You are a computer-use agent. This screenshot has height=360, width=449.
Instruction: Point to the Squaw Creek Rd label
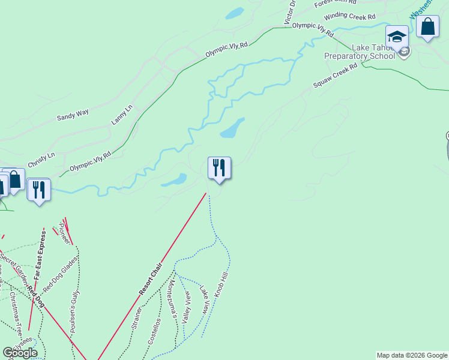pyautogui.click(x=335, y=76)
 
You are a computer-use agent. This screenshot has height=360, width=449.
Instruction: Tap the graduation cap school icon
pyautogui.click(x=397, y=37)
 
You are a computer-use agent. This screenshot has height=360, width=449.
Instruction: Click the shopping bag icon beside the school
pyautogui.click(x=427, y=27)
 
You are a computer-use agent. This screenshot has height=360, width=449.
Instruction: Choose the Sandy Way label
pyautogui.click(x=73, y=115)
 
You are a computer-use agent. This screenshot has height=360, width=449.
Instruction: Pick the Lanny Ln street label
pyautogui.click(x=122, y=115)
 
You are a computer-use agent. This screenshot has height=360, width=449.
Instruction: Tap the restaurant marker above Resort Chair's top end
pyautogui.click(x=219, y=167)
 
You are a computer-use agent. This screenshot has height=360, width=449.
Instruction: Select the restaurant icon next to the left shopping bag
pyautogui.click(x=38, y=190)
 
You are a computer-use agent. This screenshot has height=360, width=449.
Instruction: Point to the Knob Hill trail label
pyautogui.click(x=221, y=286)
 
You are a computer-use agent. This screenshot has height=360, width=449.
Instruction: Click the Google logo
pyautogui.click(x=20, y=353)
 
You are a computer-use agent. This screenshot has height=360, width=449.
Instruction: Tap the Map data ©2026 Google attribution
pyautogui.click(x=412, y=355)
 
